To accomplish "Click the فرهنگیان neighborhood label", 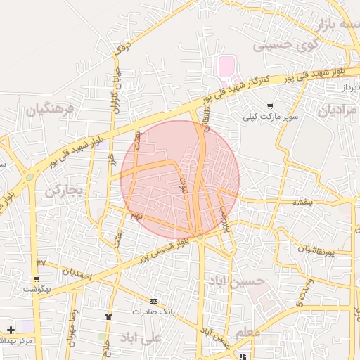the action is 50,110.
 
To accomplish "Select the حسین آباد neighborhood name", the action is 236,281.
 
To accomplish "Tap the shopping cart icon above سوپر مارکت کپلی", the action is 270,105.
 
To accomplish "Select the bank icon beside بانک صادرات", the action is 153,301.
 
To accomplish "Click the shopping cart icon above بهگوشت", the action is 36,278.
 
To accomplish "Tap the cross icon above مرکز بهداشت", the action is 11,330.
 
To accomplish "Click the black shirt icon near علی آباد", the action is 108,316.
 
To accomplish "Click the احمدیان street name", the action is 77,274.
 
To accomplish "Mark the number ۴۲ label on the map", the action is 41,262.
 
